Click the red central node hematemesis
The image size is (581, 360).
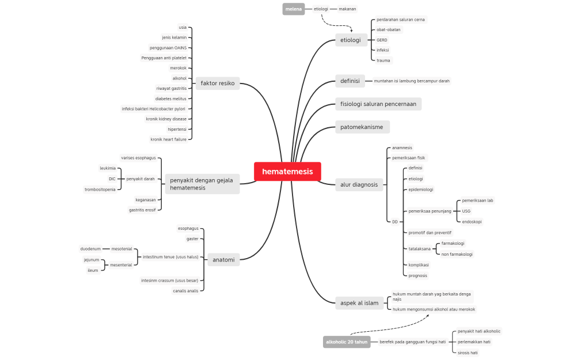(x=287, y=172)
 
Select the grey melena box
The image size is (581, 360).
(x=294, y=9)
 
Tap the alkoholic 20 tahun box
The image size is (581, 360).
(x=347, y=342)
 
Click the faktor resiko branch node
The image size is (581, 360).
(x=217, y=84)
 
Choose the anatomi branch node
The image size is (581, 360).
(x=223, y=260)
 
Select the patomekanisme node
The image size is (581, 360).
(x=362, y=127)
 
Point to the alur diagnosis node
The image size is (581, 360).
(x=359, y=185)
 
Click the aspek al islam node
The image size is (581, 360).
(x=359, y=303)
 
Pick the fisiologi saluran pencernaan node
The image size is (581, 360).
(x=378, y=104)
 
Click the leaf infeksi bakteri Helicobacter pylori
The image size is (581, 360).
(x=153, y=108)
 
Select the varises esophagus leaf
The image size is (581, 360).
(x=138, y=158)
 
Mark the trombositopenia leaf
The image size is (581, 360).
(x=100, y=190)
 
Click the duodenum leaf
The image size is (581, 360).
(x=90, y=249)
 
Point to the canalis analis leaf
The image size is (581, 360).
(x=185, y=291)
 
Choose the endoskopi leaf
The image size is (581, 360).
(x=472, y=222)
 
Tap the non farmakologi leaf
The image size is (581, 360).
(x=457, y=254)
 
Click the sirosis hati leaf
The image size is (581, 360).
(x=468, y=353)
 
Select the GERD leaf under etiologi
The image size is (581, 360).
(x=382, y=40)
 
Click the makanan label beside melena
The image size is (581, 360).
(x=347, y=9)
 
